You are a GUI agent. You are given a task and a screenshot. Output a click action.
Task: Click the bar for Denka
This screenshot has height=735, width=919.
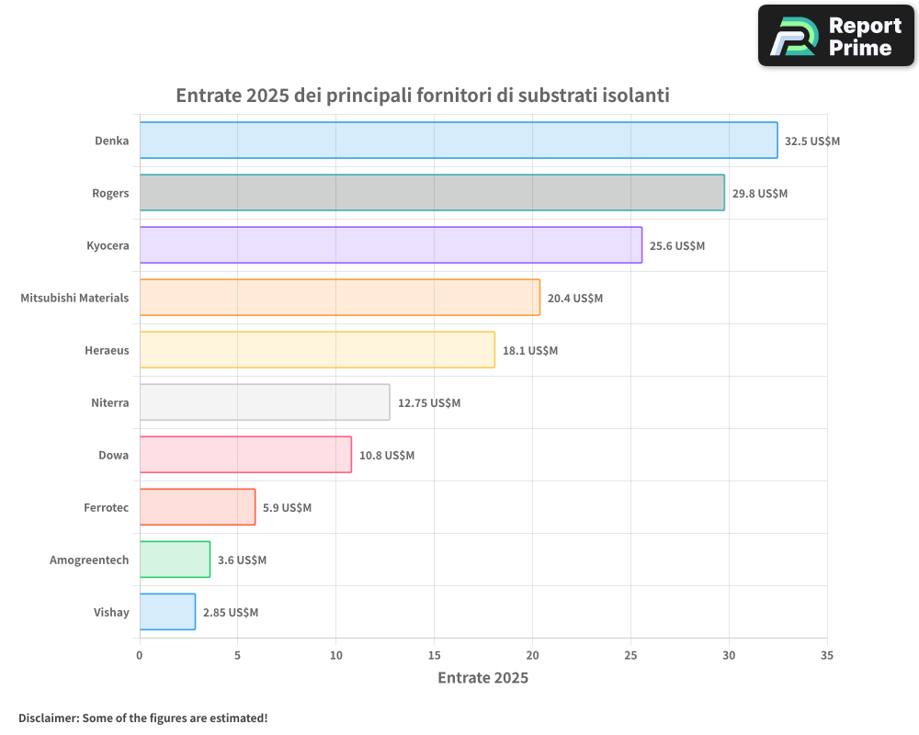click(458, 141)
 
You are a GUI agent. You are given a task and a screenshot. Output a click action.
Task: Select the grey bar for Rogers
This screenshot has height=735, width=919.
click(432, 193)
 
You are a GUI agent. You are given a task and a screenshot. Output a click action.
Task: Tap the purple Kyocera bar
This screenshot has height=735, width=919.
click(391, 245)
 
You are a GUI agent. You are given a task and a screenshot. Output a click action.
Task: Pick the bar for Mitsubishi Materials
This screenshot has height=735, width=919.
click(339, 298)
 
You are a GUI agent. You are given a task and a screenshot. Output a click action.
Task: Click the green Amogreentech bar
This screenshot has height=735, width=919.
click(175, 560)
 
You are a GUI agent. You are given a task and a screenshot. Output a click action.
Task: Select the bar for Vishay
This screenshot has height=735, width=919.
click(167, 612)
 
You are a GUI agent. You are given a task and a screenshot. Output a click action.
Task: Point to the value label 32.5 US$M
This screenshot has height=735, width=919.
click(811, 141)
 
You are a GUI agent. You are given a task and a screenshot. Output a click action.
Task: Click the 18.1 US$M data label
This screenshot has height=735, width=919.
click(530, 351)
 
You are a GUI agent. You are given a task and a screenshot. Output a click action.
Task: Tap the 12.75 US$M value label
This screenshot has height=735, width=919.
click(428, 403)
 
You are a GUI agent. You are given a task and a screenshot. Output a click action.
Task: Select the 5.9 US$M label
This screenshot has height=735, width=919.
click(287, 508)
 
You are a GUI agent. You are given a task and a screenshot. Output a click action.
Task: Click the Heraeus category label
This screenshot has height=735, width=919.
click(107, 350)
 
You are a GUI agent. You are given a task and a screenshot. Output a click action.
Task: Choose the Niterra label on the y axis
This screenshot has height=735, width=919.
click(109, 402)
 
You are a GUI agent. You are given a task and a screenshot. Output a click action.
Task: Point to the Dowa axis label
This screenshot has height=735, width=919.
click(113, 455)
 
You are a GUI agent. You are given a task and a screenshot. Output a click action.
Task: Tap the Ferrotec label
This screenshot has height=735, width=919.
click(106, 507)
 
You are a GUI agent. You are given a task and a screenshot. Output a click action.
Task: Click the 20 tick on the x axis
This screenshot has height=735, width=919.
click(532, 656)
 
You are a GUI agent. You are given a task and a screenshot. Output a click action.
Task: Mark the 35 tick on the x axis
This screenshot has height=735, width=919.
click(827, 656)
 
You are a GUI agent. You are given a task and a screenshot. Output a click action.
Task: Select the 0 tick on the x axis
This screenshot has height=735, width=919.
click(140, 656)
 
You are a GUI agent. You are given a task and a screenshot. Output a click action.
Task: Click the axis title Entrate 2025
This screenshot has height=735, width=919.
click(482, 678)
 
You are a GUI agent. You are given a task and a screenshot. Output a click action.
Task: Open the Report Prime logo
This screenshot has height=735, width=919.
click(835, 36)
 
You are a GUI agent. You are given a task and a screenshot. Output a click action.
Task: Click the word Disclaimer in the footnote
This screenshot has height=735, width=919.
click(48, 718)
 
